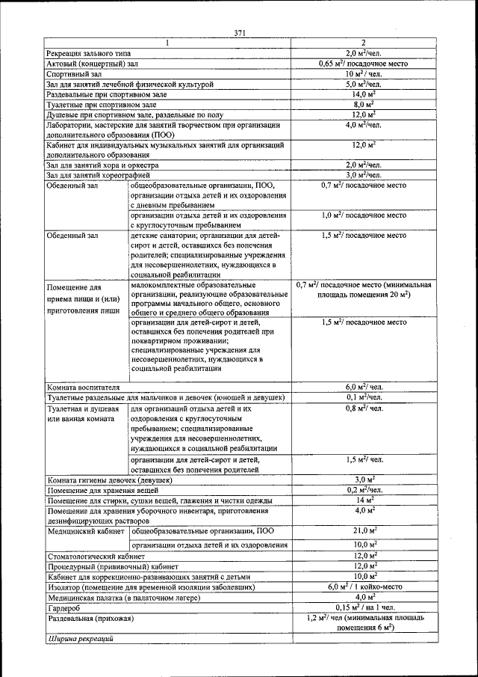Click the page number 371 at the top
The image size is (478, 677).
point(240,33)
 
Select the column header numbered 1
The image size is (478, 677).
point(167,43)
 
